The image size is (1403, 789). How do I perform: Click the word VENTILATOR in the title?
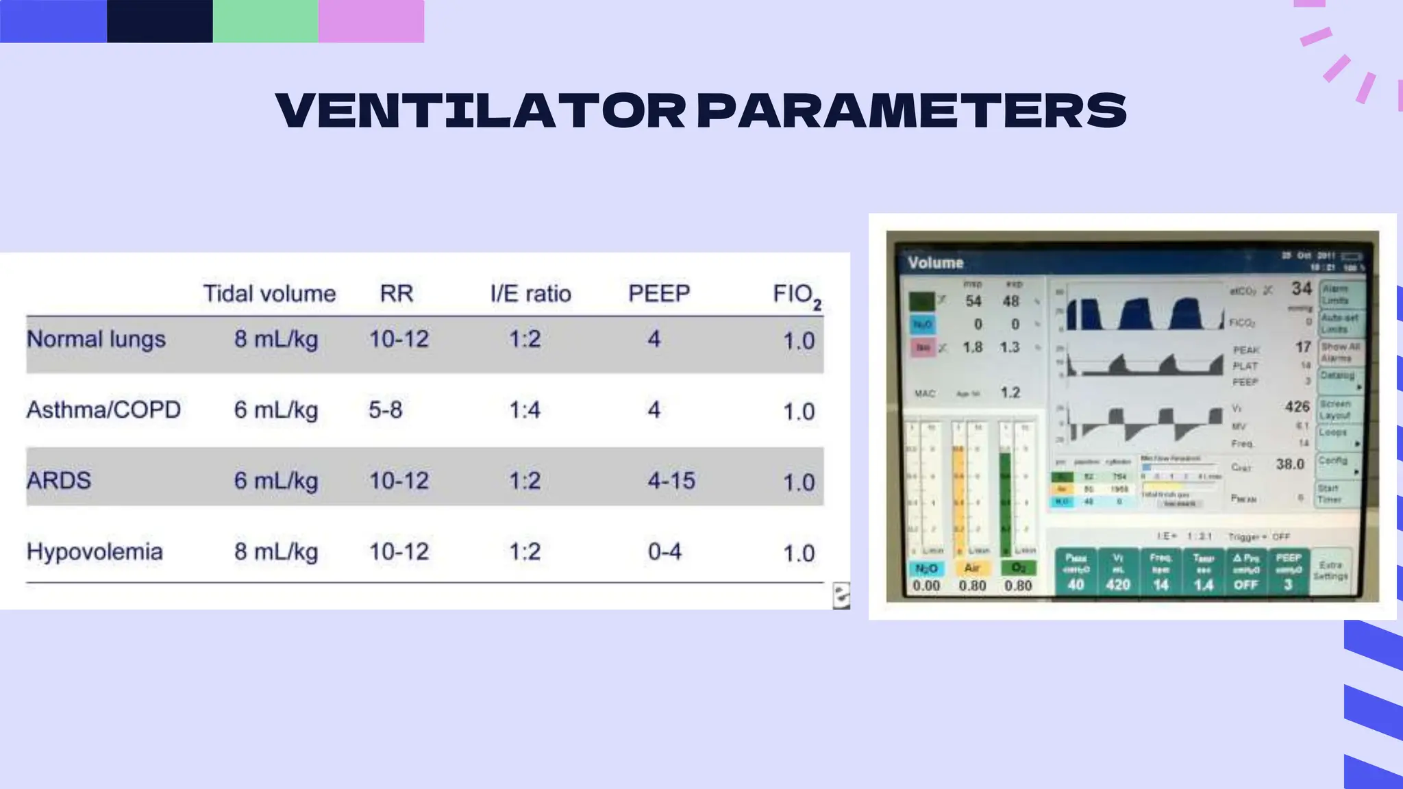pos(480,110)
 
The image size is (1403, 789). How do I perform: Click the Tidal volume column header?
pos(269,294)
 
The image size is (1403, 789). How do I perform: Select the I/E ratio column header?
pos(530,294)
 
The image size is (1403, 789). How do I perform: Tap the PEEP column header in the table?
pos(659,293)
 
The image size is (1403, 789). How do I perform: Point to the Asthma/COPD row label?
pos(103,410)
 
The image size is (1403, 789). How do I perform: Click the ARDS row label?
pos(59,480)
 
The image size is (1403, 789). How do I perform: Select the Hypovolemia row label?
pos(95,551)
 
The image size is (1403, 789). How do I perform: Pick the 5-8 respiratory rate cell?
pos(385,410)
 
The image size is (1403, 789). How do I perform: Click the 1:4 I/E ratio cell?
pos(525,410)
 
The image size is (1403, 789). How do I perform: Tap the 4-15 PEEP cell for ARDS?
pos(671,481)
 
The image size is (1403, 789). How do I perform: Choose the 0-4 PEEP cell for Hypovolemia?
pos(665,551)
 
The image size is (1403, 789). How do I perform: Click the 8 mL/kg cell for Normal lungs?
pos(276,339)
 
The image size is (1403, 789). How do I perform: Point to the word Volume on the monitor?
pos(935,263)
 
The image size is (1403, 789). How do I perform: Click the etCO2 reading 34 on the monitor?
pos(1301,289)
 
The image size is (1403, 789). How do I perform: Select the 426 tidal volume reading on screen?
pos(1297,407)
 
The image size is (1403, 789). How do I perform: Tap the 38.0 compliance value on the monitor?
pos(1289,464)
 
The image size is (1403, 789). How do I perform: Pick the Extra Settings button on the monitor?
pos(1330,571)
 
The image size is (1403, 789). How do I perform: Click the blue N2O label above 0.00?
pos(926,568)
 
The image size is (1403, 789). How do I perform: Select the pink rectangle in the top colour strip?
pos(371,21)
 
